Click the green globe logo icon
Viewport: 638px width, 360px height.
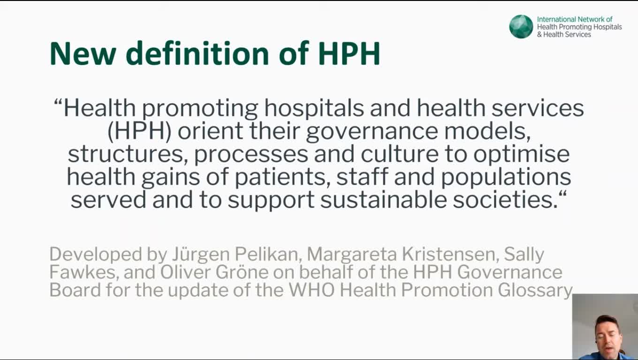(x=521, y=26)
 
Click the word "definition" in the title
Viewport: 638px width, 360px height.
(x=197, y=53)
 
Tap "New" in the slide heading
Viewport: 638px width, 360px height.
(x=83, y=54)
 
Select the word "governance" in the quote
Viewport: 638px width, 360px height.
(x=372, y=132)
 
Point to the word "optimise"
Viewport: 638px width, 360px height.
(x=522, y=154)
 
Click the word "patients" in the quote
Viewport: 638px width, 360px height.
(x=282, y=177)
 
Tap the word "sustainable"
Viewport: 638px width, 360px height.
(x=383, y=200)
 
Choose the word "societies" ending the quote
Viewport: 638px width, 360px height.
(x=505, y=200)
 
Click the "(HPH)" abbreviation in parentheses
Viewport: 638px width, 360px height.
(x=140, y=131)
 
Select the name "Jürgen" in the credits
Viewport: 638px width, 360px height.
(x=201, y=255)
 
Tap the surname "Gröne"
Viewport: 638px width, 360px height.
(x=242, y=272)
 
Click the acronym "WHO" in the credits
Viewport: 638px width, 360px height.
(x=311, y=290)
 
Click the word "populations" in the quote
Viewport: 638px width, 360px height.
(x=506, y=178)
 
